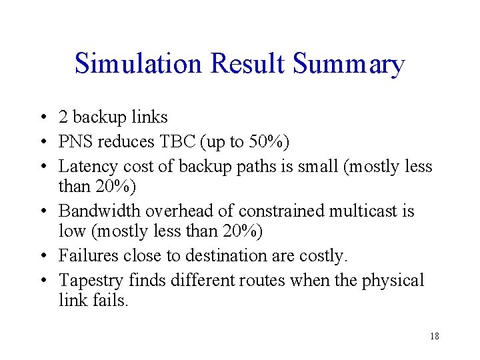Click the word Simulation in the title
click(138, 64)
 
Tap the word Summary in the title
click(349, 64)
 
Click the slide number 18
click(434, 336)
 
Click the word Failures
click(87, 256)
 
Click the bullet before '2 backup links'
click(42, 118)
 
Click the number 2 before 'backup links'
click(63, 117)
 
